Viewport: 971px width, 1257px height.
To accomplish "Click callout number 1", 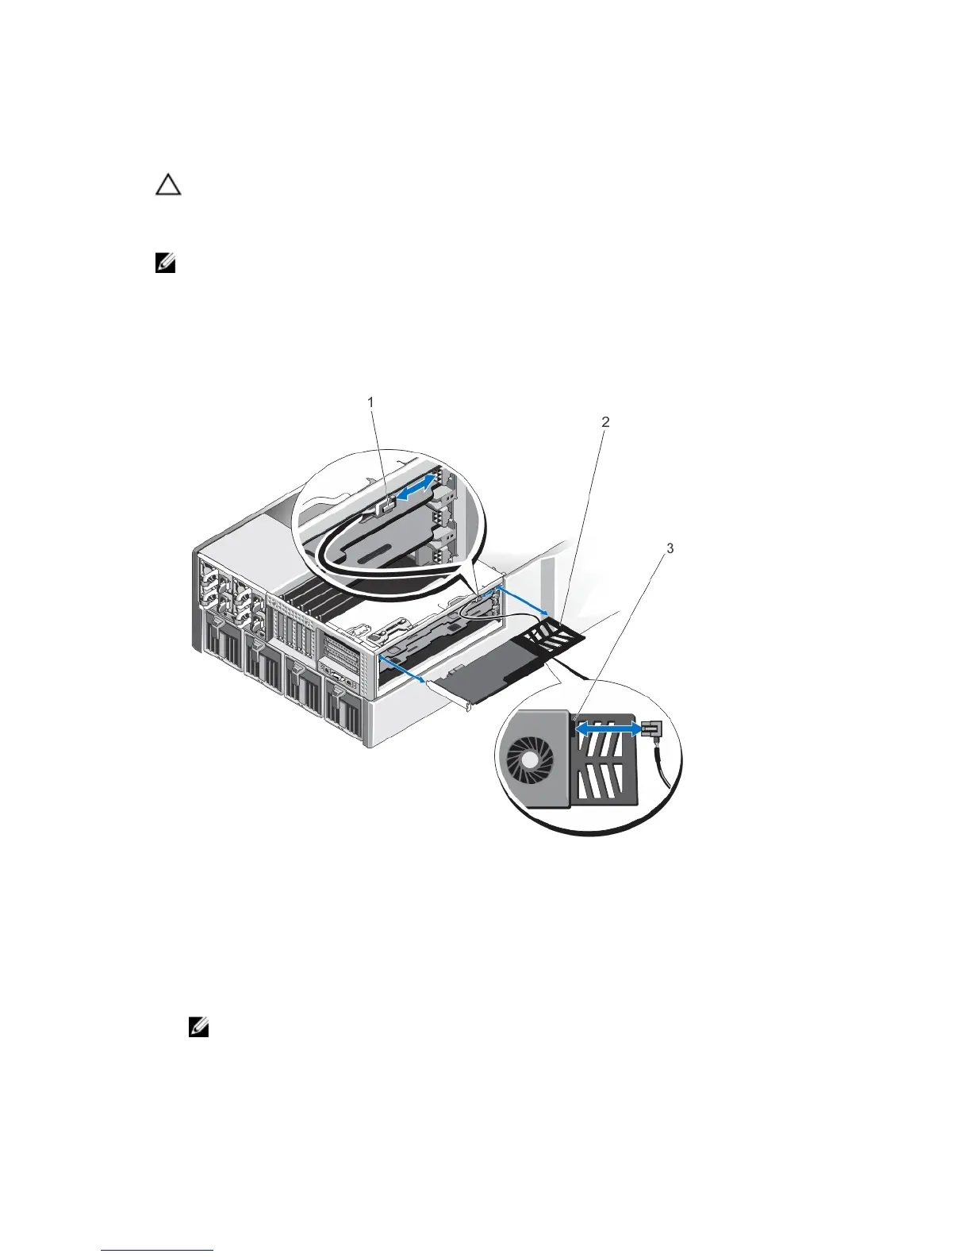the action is pos(370,402).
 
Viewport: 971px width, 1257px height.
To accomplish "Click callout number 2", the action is pos(605,421).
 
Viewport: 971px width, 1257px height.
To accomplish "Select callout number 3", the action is pos(670,548).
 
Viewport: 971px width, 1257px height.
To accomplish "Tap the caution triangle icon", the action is pos(167,186).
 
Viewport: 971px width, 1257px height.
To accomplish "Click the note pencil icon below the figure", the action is pos(199,1029).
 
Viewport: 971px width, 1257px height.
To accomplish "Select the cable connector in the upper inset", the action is pos(386,505).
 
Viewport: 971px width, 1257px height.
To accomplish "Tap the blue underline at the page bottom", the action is pos(157,1250).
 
